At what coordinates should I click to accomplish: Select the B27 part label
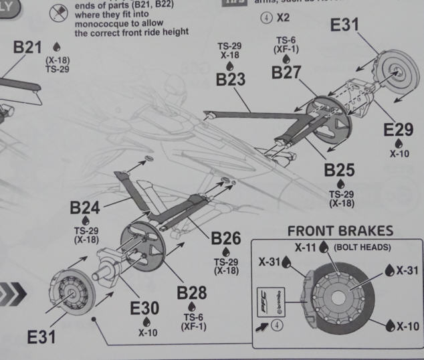tap(286, 73)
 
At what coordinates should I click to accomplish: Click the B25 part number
tap(339, 170)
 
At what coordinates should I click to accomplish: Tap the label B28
tap(191, 293)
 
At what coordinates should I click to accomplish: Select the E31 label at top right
tap(346, 27)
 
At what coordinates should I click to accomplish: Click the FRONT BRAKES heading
tap(340, 231)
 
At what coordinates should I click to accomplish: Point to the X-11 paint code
tap(306, 247)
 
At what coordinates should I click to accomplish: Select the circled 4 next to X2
tap(266, 17)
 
